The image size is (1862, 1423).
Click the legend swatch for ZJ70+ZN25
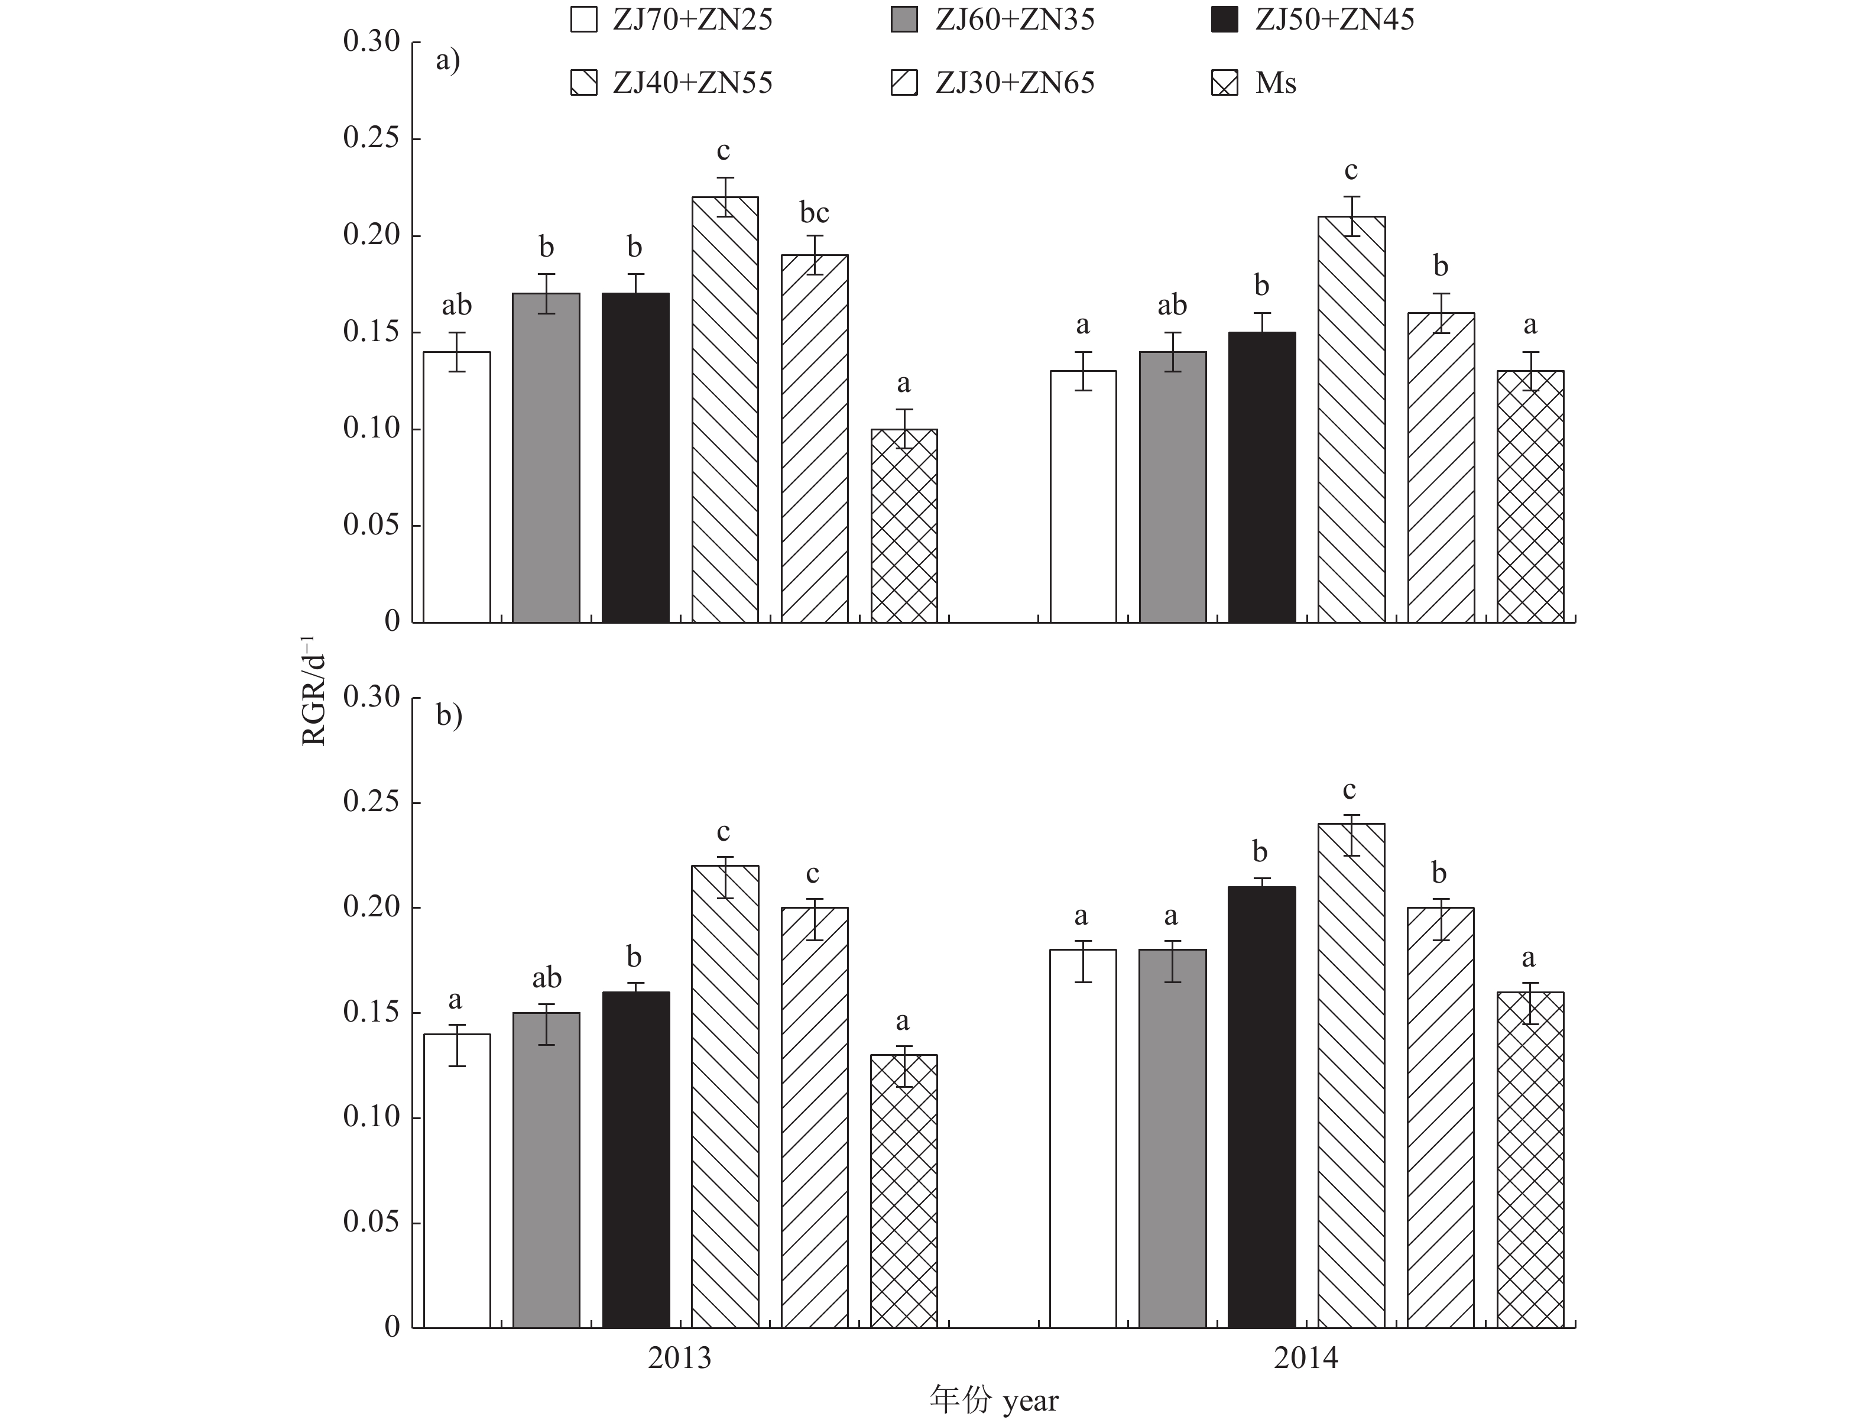(583, 20)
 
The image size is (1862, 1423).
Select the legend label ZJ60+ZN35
(1014, 20)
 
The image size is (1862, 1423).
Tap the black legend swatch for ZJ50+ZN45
(1224, 20)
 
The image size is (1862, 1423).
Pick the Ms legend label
(1275, 83)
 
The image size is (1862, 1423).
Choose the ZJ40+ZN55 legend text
(693, 83)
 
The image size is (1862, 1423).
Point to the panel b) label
(449, 716)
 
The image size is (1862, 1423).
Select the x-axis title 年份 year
(993, 1399)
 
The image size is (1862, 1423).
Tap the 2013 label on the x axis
(679, 1358)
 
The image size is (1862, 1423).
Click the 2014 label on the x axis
(1306, 1358)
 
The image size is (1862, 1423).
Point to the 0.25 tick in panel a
(371, 138)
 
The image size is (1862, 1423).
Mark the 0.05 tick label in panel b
(371, 1221)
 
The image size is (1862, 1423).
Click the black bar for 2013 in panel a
(635, 458)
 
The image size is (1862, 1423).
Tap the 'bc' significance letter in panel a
(814, 213)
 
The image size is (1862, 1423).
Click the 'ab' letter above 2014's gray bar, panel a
(1172, 305)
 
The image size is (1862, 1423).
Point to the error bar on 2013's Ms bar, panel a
(904, 429)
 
